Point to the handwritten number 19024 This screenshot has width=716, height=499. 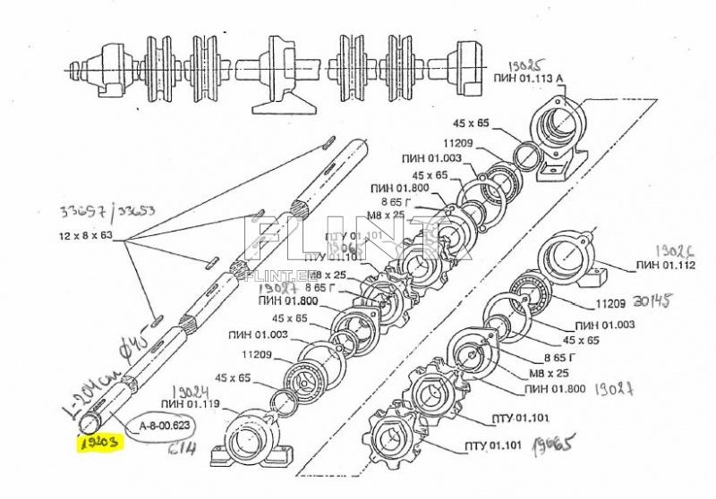tap(189, 390)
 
